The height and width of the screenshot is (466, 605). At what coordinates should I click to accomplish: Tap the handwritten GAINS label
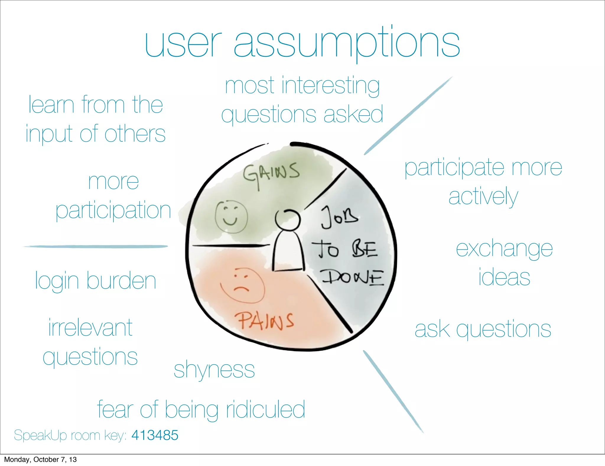pos(271,174)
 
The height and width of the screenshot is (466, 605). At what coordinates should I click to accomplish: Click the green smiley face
pos(231,217)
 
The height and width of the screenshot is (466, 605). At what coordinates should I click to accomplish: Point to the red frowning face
pos(242,285)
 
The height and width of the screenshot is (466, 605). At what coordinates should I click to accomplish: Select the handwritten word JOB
pos(340,218)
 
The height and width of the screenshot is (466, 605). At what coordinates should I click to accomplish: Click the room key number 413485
pos(155,435)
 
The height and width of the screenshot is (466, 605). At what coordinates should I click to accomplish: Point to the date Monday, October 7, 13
pos(40,459)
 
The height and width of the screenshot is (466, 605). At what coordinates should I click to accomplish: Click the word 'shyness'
pos(214,370)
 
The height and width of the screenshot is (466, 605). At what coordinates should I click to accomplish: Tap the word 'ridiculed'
pos(265,410)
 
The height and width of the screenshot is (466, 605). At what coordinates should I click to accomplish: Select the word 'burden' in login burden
pos(121,281)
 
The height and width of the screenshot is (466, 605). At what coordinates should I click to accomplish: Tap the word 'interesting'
pos(331,86)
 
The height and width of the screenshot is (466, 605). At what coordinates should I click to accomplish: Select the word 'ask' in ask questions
pos(432,329)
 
